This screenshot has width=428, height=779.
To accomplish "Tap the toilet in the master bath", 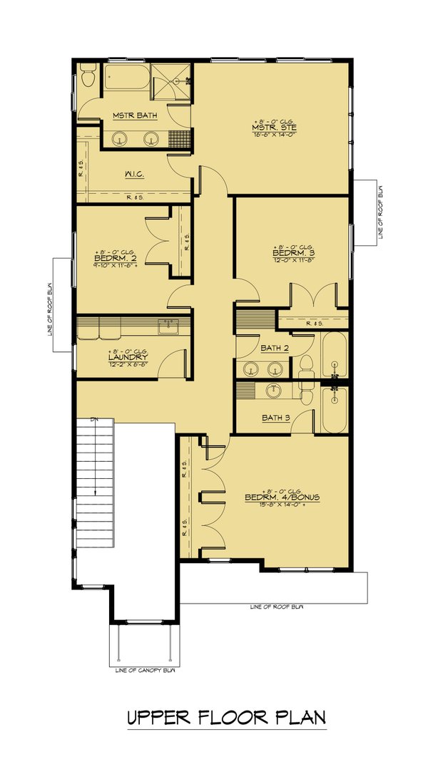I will tap(87, 74).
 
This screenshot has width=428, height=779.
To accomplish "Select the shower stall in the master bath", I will tap(173, 82).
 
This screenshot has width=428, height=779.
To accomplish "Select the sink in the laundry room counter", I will tap(169, 327).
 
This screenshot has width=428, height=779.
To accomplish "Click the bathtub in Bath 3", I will tap(334, 410).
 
